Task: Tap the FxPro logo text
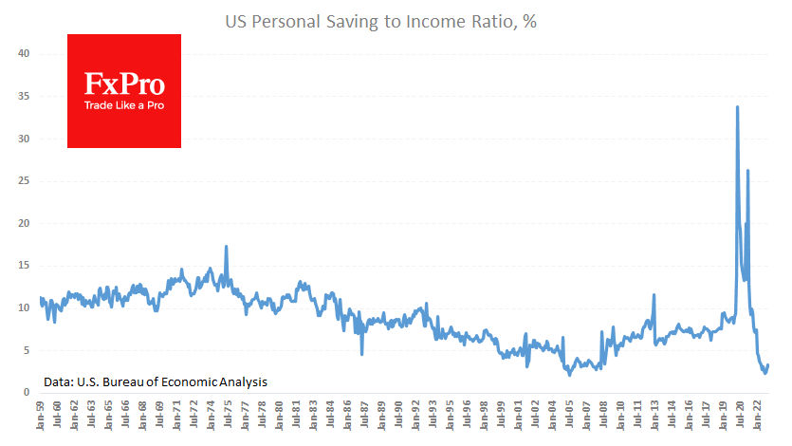point(124,84)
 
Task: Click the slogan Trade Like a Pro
point(124,105)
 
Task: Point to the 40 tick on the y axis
point(26,54)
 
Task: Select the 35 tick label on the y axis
point(26,97)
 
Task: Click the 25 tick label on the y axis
point(26,181)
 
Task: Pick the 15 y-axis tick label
point(26,266)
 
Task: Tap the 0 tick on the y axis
point(28,393)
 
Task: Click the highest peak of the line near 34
point(738,107)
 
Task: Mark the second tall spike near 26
point(747,171)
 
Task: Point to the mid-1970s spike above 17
point(226,247)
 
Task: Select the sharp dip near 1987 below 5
point(361,353)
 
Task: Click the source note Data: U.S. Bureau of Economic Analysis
point(156,381)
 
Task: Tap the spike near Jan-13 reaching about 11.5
point(654,295)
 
